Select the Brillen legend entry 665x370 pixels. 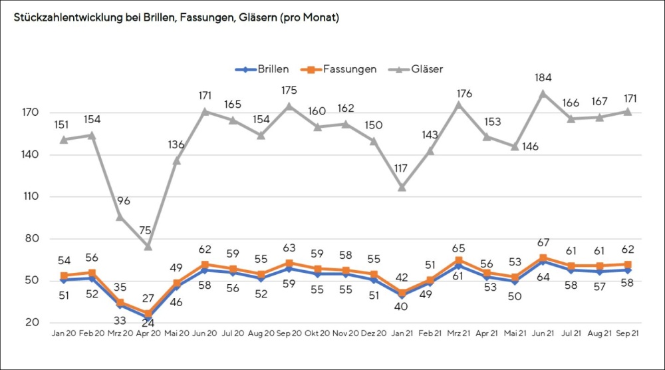[x=264, y=69]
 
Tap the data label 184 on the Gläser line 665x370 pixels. [x=544, y=78]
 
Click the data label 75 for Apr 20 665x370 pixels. [x=146, y=231]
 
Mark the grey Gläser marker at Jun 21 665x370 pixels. [x=543, y=93]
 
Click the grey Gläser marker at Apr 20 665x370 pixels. [x=148, y=246]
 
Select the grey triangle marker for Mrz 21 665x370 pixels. [x=459, y=104]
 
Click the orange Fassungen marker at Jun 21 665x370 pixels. [x=543, y=258]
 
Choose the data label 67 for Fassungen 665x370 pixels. [x=543, y=242]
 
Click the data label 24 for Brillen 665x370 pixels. [x=148, y=323]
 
